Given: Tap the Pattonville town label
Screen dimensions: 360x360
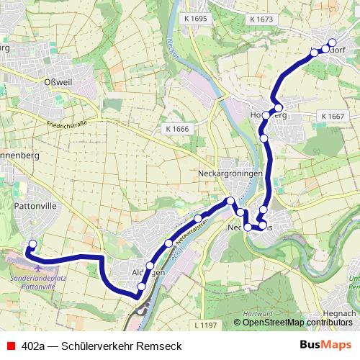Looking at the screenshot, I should (x=35, y=205).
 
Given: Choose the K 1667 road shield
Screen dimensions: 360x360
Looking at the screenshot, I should (x=333, y=116).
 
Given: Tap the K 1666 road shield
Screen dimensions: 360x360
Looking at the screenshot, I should (x=176, y=128).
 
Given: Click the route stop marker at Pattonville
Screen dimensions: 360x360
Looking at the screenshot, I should (x=32, y=244).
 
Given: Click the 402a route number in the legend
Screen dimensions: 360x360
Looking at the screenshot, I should (x=34, y=346).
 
